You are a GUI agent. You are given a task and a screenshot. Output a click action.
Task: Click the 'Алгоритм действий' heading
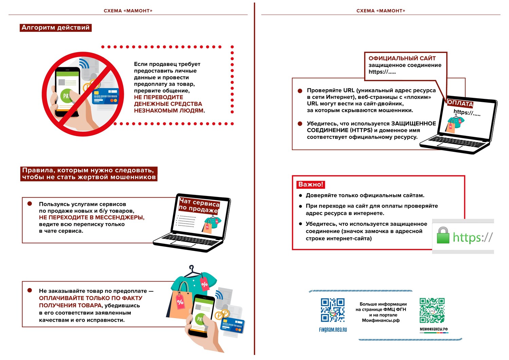click(x=56, y=28)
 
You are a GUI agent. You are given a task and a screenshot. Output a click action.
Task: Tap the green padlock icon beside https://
click(x=443, y=235)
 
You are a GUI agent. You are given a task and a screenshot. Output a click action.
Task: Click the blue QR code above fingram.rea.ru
click(x=333, y=310)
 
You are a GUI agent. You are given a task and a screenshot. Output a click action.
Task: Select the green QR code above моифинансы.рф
click(x=432, y=310)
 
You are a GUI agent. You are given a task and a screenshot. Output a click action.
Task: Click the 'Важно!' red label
click(x=310, y=184)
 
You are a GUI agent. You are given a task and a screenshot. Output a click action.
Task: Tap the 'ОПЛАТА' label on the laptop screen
click(x=460, y=103)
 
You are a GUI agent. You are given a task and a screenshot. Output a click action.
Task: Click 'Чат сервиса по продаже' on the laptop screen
click(x=199, y=206)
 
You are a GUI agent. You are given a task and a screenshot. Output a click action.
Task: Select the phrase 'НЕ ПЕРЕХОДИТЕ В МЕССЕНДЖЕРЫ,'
click(x=92, y=217)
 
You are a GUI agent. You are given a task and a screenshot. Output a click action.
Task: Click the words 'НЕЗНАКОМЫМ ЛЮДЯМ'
click(x=169, y=110)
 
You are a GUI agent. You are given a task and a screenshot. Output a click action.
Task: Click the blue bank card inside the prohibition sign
click(x=106, y=96)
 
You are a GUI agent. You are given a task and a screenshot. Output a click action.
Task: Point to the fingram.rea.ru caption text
click(x=333, y=330)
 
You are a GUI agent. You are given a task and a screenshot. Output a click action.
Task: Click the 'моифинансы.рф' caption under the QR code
click(x=434, y=329)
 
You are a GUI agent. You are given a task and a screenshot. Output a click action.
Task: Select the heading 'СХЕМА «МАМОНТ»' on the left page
click(x=128, y=11)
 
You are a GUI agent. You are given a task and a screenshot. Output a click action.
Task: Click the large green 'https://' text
click(x=472, y=237)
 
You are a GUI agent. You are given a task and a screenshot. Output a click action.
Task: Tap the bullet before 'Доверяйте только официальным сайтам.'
click(x=301, y=195)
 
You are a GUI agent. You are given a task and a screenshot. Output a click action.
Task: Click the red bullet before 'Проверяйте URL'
click(x=300, y=91)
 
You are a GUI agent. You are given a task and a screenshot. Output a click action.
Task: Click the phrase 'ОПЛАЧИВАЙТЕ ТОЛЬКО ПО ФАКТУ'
click(x=91, y=298)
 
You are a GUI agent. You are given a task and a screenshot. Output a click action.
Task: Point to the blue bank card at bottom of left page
click(x=233, y=325)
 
